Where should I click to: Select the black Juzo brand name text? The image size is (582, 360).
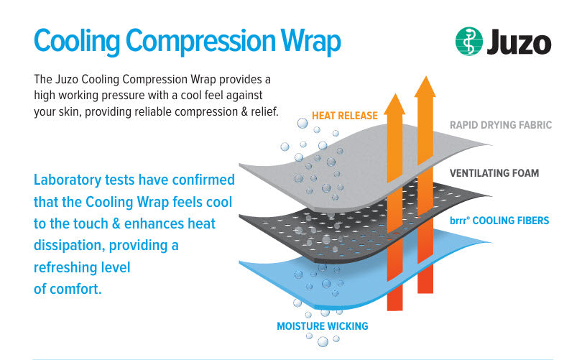coord(518,42)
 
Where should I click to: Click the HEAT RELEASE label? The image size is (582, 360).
coord(344,115)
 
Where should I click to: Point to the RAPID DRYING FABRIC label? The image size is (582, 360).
coord(500,125)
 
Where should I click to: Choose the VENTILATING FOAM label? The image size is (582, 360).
coord(494,173)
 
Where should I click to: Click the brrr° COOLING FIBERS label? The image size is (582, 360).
coord(499,220)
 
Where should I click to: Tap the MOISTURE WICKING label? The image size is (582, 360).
coord(322,326)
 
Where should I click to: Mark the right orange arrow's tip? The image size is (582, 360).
coord(425,80)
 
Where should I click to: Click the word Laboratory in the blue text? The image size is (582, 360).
coord(69,179)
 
